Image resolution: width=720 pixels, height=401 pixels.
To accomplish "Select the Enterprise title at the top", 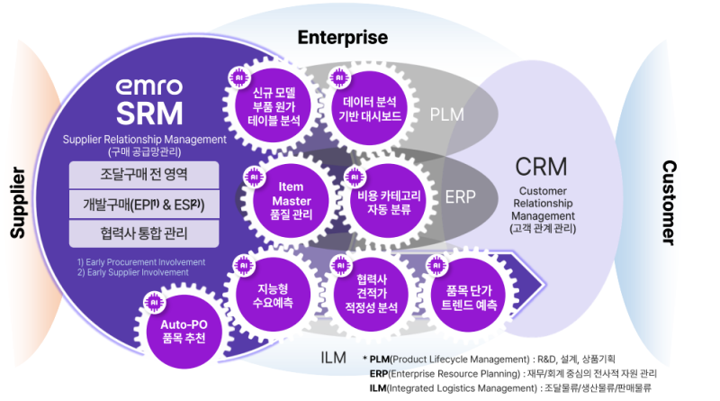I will (343, 38).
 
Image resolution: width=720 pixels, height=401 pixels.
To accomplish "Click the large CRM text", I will (541, 168).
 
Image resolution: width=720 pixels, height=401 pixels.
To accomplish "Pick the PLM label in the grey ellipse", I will (447, 114).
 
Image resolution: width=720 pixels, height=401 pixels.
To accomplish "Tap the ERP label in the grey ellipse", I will (460, 196).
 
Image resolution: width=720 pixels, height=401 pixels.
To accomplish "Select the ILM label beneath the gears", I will (333, 359).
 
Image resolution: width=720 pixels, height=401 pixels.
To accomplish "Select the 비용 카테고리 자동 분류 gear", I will (377, 197).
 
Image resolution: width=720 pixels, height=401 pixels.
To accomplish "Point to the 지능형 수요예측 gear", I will (275, 296).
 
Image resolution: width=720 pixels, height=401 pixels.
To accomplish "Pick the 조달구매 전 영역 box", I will (144, 173).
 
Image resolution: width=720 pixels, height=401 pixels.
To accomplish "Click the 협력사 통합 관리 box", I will (144, 232).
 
